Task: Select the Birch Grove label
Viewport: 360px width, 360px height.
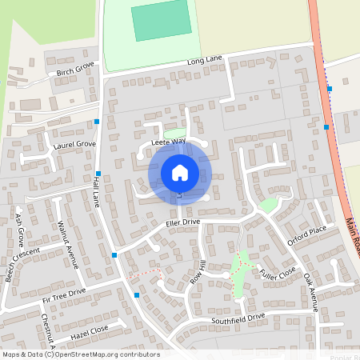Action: coord(75,71)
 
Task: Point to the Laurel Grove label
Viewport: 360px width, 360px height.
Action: coord(74,146)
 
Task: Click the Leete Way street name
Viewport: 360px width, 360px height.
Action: coord(168,142)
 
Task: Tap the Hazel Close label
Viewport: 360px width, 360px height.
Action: coord(90,329)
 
